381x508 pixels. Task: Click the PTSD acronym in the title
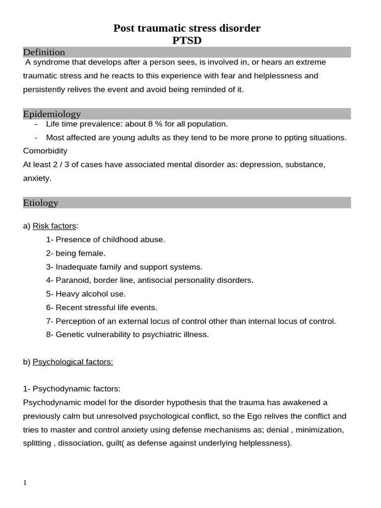coord(187,40)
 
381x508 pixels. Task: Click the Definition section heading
coord(44,52)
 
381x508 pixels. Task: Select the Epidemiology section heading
coord(52,114)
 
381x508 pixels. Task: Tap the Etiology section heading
coord(41,202)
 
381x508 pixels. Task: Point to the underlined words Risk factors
coord(54,226)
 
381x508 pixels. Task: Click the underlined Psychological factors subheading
coord(73,362)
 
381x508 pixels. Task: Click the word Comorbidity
coord(45,150)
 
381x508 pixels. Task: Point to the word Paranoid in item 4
coord(71,280)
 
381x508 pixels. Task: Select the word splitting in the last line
coord(37,443)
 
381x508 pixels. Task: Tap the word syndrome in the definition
coord(49,63)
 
